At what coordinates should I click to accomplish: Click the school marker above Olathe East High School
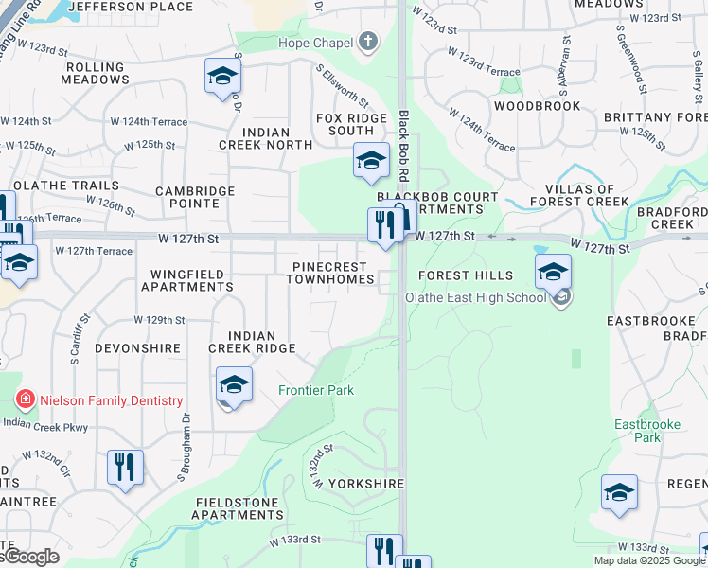pyautogui.click(x=553, y=273)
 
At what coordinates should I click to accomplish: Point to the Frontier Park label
pyautogui.click(x=315, y=390)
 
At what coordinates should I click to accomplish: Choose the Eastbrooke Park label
pyautogui.click(x=646, y=431)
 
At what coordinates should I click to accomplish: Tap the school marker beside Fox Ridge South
pyautogui.click(x=371, y=161)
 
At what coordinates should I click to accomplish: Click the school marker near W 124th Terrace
pyautogui.click(x=222, y=77)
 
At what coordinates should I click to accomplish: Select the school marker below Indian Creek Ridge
pyautogui.click(x=234, y=385)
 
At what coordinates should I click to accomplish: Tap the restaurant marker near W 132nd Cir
pyautogui.click(x=125, y=468)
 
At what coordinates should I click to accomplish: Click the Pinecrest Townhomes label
pyautogui.click(x=332, y=273)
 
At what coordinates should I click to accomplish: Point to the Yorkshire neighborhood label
pyautogui.click(x=367, y=483)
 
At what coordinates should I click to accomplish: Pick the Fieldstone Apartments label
pyautogui.click(x=238, y=508)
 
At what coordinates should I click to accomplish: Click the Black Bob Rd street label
pyautogui.click(x=404, y=147)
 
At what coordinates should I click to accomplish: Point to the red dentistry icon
pyautogui.click(x=24, y=400)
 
